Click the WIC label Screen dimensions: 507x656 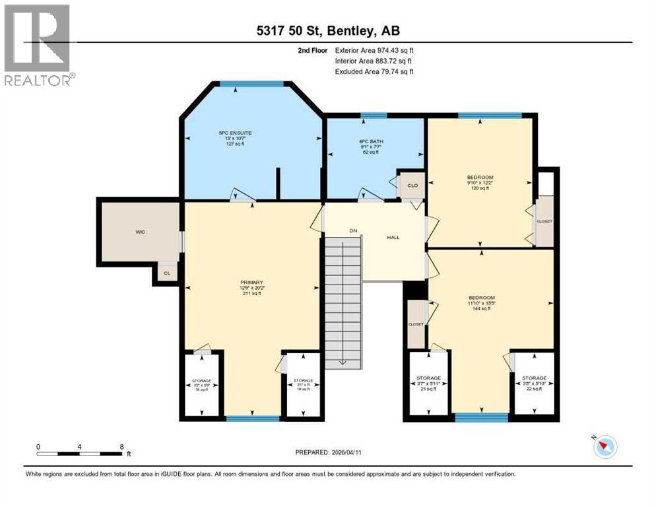tap(140, 232)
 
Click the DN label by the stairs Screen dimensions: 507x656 tap(353, 231)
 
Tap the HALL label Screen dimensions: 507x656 tap(393, 238)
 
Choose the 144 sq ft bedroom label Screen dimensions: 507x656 tap(480, 303)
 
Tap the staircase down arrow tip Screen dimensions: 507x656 tap(343, 362)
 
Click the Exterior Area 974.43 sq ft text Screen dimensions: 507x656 tap(374, 50)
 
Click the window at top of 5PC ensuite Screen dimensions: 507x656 tap(251, 84)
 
